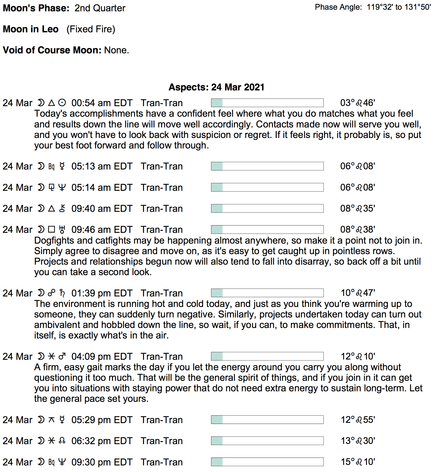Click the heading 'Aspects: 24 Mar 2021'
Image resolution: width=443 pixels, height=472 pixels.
coord(216,87)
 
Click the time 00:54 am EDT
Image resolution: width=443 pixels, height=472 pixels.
coord(102,103)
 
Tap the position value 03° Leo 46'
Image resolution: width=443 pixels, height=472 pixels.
coord(357,103)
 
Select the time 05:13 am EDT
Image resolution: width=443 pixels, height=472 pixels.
coord(102,166)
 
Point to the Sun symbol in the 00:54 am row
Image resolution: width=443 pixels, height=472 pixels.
coord(62,103)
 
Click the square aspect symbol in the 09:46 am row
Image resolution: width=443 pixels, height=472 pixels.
coord(51,229)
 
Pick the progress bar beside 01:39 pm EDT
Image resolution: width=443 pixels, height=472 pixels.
coord(267,293)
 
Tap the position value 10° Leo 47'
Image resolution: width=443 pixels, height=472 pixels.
coord(358,293)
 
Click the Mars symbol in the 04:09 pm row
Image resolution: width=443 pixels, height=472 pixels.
coord(62,356)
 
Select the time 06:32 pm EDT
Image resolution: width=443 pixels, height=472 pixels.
coord(102,441)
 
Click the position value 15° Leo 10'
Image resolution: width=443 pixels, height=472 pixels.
coord(358,462)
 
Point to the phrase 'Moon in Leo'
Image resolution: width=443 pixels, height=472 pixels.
coord(30,29)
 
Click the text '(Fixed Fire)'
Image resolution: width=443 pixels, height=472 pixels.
coord(91,29)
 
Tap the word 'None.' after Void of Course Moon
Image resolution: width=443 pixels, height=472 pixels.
coord(117,50)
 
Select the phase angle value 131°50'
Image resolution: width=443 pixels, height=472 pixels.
coord(418,7)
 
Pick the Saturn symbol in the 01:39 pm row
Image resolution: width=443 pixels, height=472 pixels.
coord(62,293)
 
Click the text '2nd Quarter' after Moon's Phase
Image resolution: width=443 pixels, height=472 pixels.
coord(100,8)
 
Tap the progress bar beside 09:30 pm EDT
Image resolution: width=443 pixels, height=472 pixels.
coord(267,462)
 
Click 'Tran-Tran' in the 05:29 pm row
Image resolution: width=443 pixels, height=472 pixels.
coord(162,420)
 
